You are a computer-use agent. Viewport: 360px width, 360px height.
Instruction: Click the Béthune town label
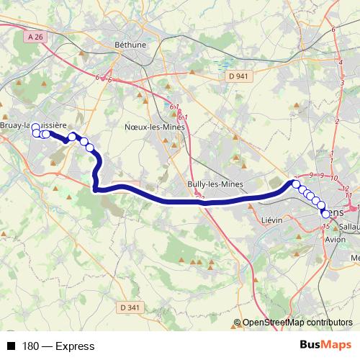(x=130, y=44)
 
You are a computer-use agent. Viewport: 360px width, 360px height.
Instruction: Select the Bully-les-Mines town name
(x=215, y=184)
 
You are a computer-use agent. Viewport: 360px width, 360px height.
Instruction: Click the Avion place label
(x=336, y=240)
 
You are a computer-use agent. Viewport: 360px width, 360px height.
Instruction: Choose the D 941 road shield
(x=238, y=75)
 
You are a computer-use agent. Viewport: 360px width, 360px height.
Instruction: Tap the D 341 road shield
(x=130, y=307)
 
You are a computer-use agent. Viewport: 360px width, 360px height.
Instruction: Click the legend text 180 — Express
(x=58, y=346)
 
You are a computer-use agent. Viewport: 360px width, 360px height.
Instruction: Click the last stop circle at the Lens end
(x=326, y=214)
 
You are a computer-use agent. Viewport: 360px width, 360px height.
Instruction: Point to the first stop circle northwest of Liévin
(x=296, y=184)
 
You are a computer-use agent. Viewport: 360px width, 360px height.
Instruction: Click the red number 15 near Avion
(x=327, y=227)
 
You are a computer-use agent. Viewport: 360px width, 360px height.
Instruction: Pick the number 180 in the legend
(x=30, y=346)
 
